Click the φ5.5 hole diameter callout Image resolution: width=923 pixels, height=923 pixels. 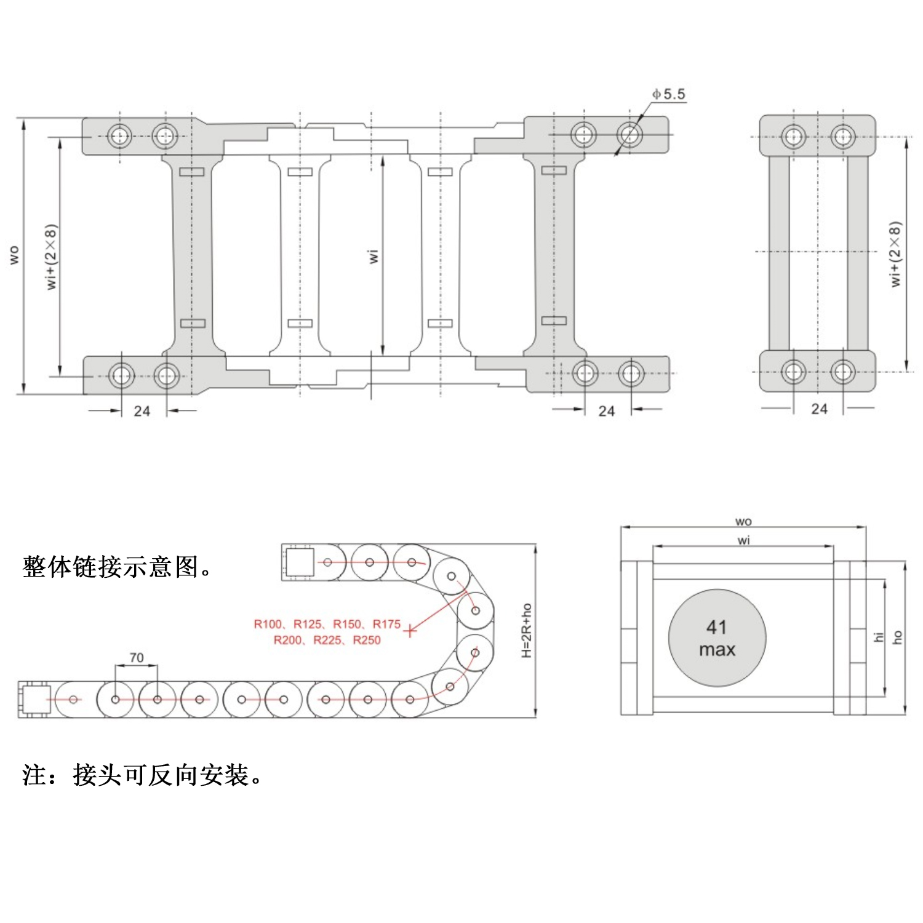(x=669, y=94)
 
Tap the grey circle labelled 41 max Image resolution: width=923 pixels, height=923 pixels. (x=717, y=638)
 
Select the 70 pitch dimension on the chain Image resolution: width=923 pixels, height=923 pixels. (x=137, y=658)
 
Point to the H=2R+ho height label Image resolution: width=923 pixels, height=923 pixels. (x=527, y=630)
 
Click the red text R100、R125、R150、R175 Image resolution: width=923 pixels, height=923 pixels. (x=327, y=624)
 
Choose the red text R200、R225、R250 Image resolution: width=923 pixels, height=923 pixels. (x=327, y=641)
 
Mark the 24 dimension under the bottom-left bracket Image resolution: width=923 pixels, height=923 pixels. (x=142, y=411)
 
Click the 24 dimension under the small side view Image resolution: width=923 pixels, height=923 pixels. (x=819, y=409)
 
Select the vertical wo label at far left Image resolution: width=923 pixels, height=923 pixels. (x=14, y=255)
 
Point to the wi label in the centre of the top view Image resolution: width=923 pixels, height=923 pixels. (x=373, y=256)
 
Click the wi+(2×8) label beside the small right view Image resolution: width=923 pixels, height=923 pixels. (x=895, y=254)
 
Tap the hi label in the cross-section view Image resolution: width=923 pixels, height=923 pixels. (x=879, y=637)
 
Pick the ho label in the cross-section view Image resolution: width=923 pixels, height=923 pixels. (x=898, y=637)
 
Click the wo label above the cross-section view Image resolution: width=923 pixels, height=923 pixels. (x=743, y=522)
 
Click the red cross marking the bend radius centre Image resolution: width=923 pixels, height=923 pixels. (x=410, y=630)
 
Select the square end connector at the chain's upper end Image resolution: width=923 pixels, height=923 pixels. (x=300, y=562)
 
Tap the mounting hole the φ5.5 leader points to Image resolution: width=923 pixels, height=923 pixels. (x=629, y=134)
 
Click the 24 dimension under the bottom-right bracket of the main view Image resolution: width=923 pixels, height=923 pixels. (x=607, y=411)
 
